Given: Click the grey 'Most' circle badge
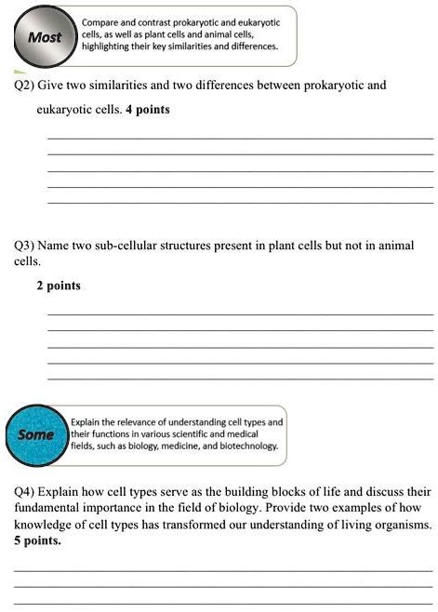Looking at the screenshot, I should coord(45,38).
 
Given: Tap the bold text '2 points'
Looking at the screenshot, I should coord(59,286).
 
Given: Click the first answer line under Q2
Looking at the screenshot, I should coord(239,139).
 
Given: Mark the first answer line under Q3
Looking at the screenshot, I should coord(239,315).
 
